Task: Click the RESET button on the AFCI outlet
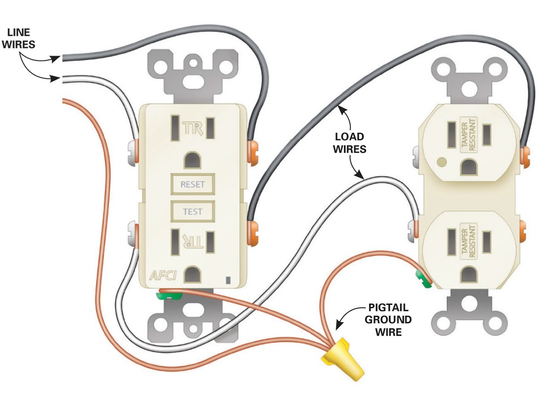(192, 184)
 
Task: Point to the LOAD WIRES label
(349, 143)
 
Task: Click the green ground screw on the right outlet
(423, 278)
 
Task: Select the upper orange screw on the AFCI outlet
(253, 150)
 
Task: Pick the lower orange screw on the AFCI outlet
(253, 228)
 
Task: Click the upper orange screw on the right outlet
(525, 153)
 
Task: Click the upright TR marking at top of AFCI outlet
(193, 128)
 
